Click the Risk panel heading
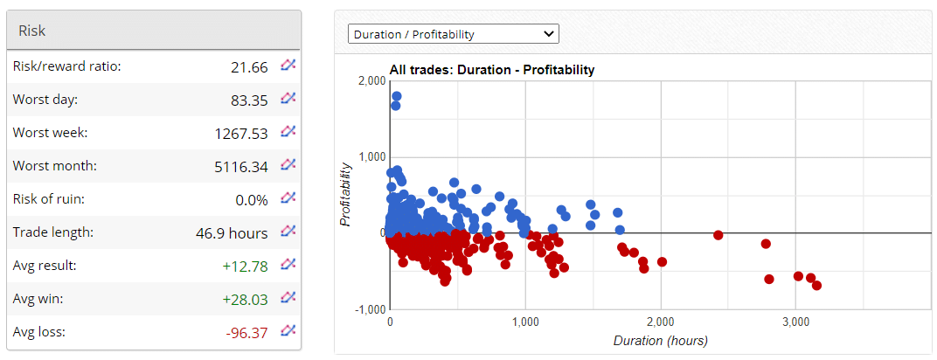click(32, 31)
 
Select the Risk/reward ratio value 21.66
click(248, 66)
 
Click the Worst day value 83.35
click(249, 100)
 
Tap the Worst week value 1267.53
click(241, 133)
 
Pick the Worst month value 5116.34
click(241, 166)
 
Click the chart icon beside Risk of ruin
click(288, 198)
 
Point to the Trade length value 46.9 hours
click(232, 232)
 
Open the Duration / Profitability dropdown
click(453, 34)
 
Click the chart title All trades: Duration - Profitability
click(492, 70)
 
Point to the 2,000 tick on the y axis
click(372, 80)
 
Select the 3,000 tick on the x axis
click(795, 322)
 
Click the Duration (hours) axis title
click(660, 340)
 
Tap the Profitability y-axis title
click(346, 194)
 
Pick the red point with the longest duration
click(816, 286)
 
